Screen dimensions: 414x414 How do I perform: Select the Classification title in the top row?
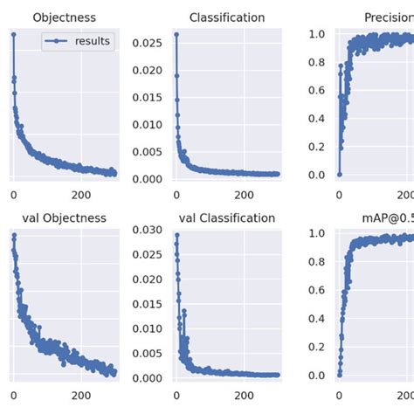pos(226,17)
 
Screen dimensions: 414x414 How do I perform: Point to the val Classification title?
pos(226,217)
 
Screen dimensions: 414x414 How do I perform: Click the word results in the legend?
pos(93,41)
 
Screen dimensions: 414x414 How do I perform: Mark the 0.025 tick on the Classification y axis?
pos(148,42)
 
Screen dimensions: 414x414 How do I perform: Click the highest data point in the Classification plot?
pos(176,35)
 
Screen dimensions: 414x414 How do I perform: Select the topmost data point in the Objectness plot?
pos(13,35)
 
